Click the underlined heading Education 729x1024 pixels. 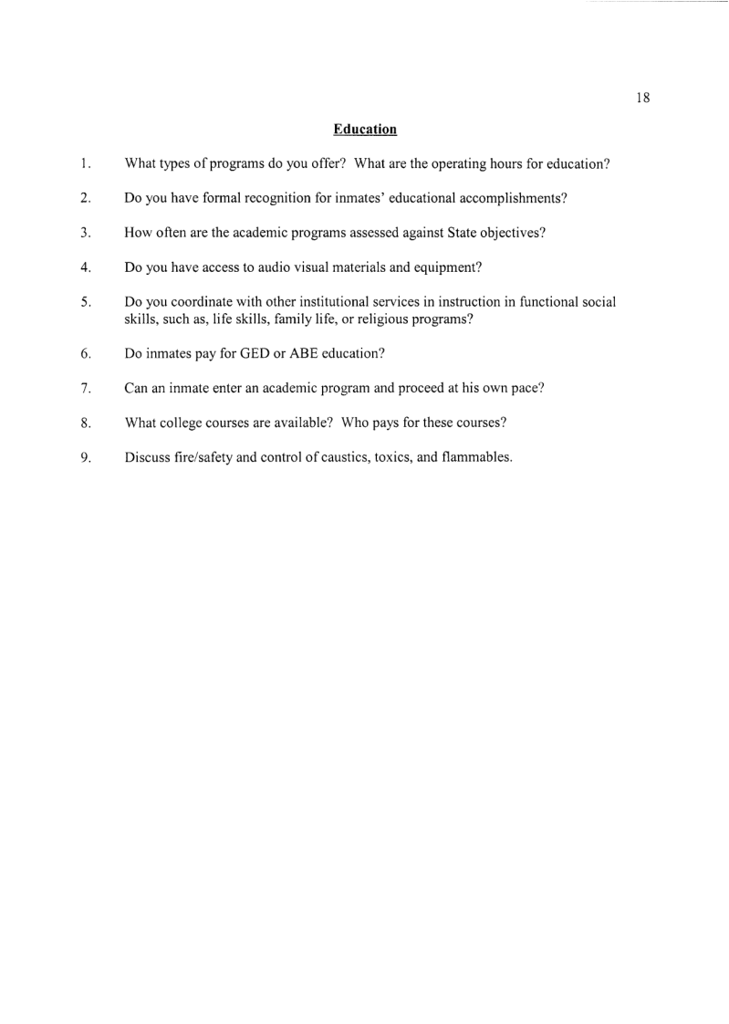(365, 130)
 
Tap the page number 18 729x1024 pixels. (642, 99)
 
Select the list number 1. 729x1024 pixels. (83, 164)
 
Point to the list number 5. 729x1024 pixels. (84, 302)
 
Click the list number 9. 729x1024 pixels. (84, 458)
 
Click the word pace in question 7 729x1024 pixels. (526, 388)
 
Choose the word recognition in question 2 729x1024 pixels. (266, 198)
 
